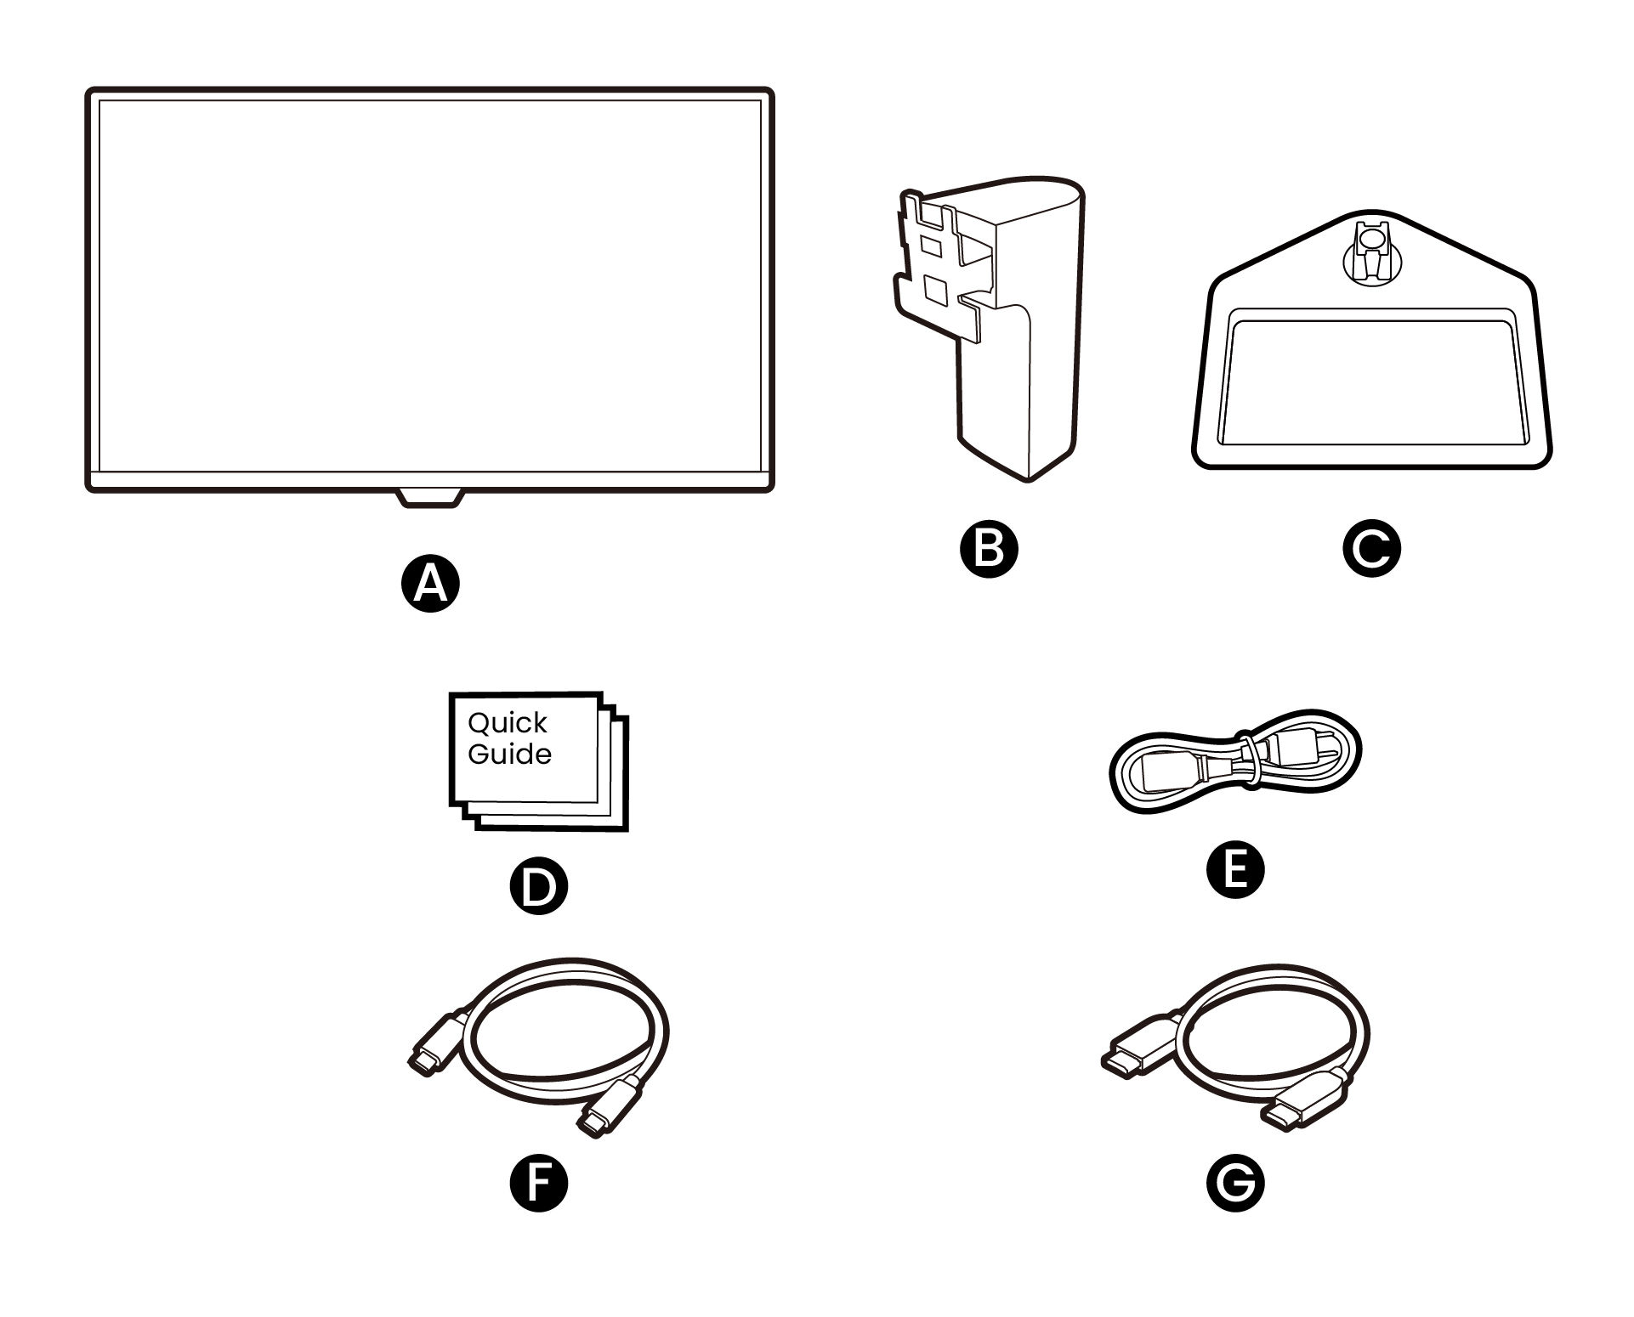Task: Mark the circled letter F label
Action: pos(537,1182)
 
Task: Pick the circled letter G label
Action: pos(1235,1182)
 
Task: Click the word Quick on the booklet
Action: pos(508,724)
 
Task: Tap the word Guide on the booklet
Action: pos(509,755)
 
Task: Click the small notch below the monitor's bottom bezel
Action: pos(429,498)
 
